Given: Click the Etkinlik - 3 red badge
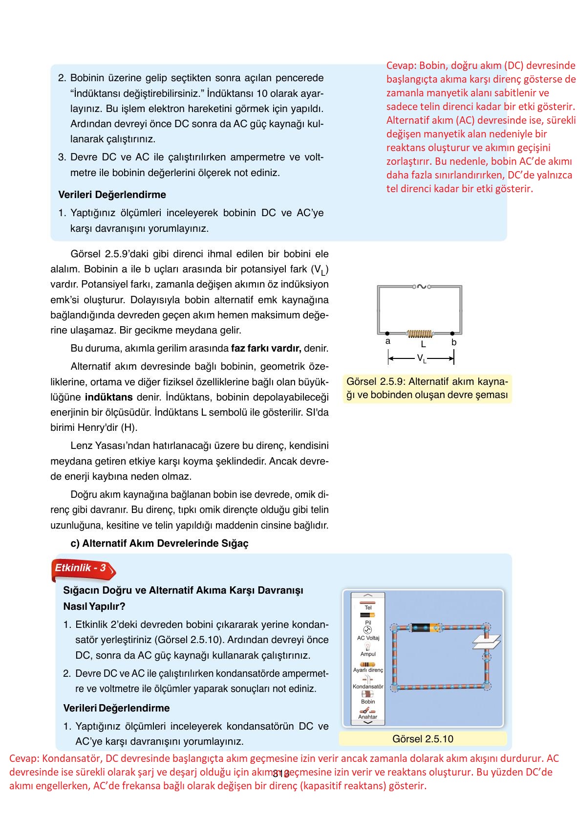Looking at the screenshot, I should coord(82,568).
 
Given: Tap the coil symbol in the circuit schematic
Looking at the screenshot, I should coord(420,334).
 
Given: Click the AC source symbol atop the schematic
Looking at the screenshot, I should coord(420,287).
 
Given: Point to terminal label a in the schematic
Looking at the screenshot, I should coord(388,341).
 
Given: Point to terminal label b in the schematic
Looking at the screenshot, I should coord(454,342).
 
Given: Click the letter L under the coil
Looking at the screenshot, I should coord(423,344).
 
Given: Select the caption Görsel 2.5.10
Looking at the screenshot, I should coord(423,739).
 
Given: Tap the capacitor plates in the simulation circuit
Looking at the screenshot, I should coord(487,642).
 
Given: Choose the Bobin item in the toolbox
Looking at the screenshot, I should coord(368,702).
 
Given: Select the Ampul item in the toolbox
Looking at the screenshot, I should coord(368,654).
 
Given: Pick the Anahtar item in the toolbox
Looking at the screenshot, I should coord(368,717).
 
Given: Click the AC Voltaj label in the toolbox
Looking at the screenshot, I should coord(368,638).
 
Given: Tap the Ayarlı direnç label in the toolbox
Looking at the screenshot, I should coord(368,670).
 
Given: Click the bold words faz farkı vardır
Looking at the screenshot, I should coord(266,349).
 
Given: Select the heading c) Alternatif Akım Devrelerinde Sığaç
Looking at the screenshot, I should coord(159,544).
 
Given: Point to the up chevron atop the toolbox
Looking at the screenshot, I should coord(368,595).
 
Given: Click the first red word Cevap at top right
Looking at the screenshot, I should coord(400,66).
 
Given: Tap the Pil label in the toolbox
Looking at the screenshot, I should coord(368,623).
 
